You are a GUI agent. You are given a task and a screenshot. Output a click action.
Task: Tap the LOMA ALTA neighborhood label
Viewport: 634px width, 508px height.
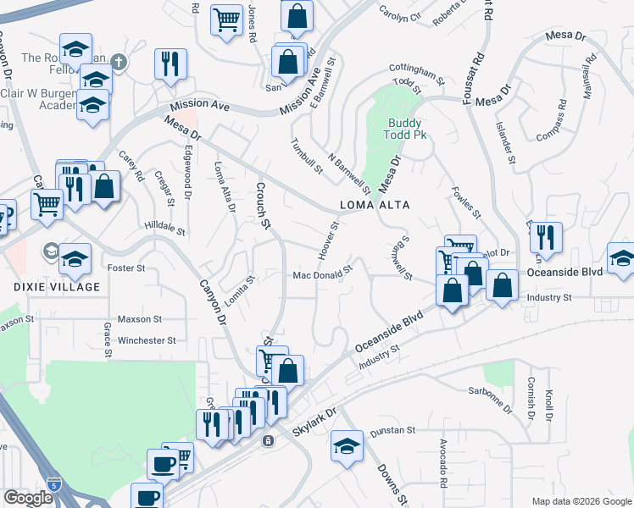tap(375, 206)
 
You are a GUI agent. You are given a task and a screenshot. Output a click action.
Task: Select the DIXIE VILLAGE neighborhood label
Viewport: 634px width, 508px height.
tap(50, 287)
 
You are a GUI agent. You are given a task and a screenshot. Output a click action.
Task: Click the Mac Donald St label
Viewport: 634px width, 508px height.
tap(322, 275)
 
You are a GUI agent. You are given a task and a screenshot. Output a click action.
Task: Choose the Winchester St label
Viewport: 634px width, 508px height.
tap(147, 340)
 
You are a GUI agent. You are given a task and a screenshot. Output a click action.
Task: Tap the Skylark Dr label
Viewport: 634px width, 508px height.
tap(314, 421)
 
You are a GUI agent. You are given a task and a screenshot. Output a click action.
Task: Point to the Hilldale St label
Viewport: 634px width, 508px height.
tap(164, 229)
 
